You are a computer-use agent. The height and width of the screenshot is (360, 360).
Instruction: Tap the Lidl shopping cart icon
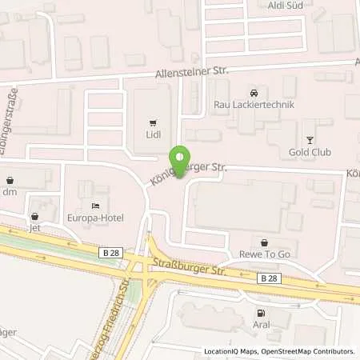pyautogui.click(x=151, y=122)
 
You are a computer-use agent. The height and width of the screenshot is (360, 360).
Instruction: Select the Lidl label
pyautogui.click(x=151, y=135)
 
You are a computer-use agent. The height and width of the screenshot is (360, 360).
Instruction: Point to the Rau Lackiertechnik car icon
pyautogui.click(x=254, y=92)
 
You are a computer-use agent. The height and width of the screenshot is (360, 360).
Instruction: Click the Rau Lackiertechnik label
pyautogui.click(x=254, y=105)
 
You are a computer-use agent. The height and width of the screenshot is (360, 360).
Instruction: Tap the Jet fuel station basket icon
pyautogui.click(x=34, y=216)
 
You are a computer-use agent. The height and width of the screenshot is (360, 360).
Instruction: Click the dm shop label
pyautogui.click(x=10, y=193)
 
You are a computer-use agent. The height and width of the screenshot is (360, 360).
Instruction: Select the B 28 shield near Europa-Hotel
pyautogui.click(x=111, y=253)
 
